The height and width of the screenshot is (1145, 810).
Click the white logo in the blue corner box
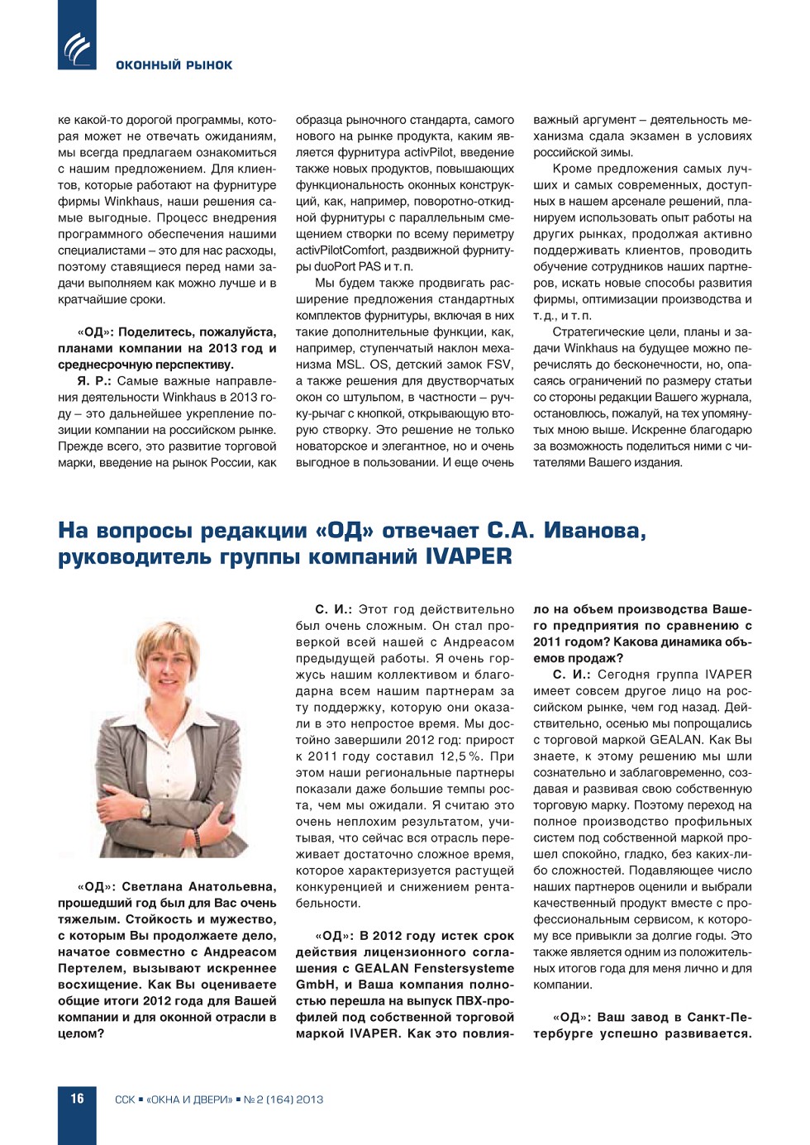[78, 48]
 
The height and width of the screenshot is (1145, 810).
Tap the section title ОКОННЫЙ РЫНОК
[174, 65]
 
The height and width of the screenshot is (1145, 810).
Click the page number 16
[77, 1099]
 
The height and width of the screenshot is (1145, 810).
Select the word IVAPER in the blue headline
[468, 556]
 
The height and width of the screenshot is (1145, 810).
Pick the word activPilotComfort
[341, 250]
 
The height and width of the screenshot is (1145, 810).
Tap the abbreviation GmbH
[314, 985]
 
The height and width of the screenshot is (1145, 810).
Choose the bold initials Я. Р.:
[94, 381]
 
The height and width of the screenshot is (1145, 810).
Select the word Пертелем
[89, 968]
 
